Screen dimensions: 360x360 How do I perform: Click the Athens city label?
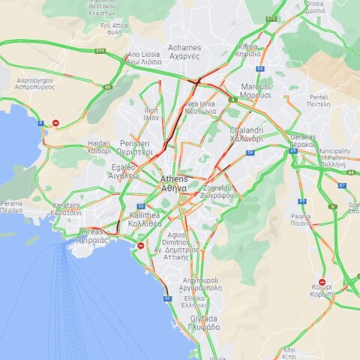pos(175,184)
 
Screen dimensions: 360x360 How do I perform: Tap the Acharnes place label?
pos(184,52)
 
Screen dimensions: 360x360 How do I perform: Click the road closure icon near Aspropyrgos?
pos(55,123)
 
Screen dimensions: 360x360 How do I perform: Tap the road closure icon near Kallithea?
pos(141,245)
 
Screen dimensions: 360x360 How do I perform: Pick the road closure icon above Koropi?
pos(322,282)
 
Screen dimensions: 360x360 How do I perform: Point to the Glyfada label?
pos(204,323)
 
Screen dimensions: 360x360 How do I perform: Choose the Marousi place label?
pos(256,91)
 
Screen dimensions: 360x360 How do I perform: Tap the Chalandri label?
pos(245,134)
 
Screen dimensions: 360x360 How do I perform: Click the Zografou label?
pos(217,191)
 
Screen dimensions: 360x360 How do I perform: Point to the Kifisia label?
pos(248,50)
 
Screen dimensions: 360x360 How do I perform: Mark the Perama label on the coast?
pos(10,207)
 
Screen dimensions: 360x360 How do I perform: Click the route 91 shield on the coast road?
pos(166,298)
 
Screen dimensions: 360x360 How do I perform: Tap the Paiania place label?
pos(301,220)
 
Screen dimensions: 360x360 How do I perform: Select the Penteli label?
pos(319,100)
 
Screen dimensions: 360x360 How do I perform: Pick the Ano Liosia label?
pos(145,58)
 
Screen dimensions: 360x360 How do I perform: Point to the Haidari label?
pos(99,147)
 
